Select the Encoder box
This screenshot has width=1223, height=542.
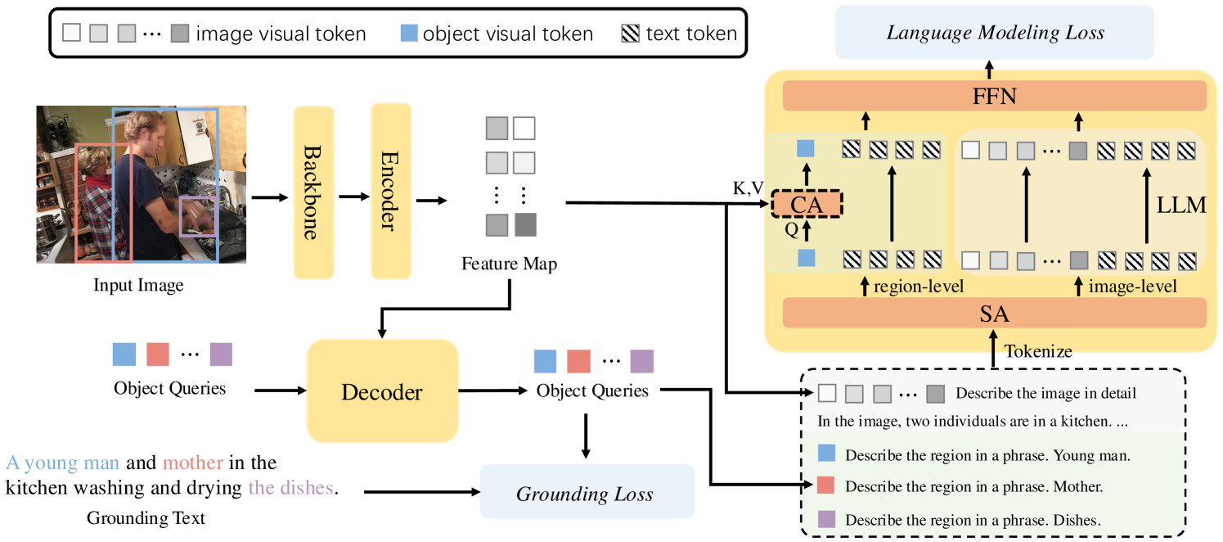click(x=390, y=191)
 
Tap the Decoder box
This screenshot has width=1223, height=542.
click(x=381, y=391)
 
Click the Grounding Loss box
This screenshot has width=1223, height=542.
click(x=586, y=494)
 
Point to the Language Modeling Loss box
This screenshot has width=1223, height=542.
click(x=995, y=33)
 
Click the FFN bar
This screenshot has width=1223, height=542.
click(x=994, y=97)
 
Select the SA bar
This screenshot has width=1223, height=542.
click(x=994, y=313)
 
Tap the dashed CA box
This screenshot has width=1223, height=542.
click(x=806, y=205)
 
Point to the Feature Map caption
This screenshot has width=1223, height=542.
click(x=510, y=264)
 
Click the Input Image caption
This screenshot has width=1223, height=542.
click(x=138, y=286)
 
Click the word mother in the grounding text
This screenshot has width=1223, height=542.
click(x=192, y=463)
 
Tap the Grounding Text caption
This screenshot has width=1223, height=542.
click(x=146, y=517)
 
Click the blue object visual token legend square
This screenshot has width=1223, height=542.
click(x=409, y=34)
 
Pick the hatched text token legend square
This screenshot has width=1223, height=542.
click(x=631, y=34)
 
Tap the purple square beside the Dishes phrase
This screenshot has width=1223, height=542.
click(x=826, y=519)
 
